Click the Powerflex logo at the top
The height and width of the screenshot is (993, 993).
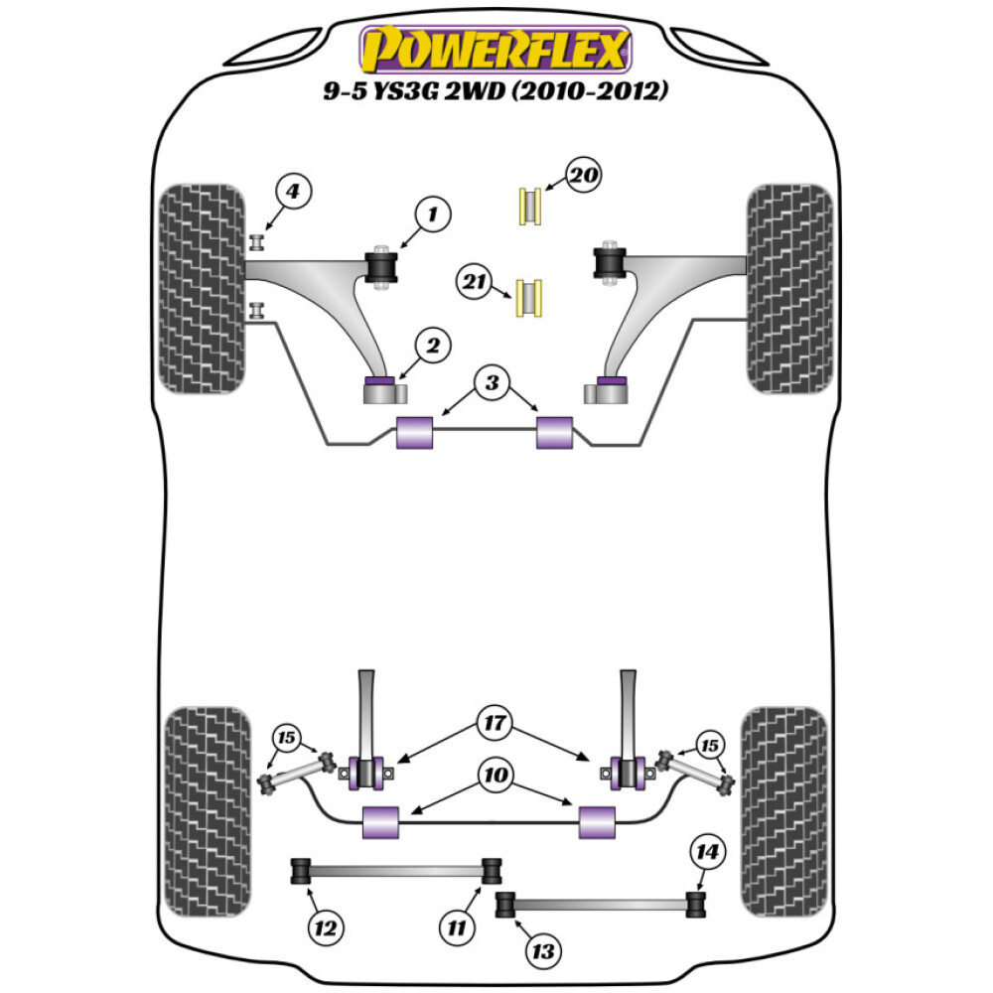[496, 50]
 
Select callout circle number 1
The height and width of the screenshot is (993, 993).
[433, 213]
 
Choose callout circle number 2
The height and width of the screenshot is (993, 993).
[433, 347]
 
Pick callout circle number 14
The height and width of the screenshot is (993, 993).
[710, 852]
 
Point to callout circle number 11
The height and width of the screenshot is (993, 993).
[456, 928]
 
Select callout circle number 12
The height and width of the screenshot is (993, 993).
[324, 928]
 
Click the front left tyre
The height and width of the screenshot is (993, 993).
[203, 287]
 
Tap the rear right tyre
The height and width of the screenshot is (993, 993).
[785, 811]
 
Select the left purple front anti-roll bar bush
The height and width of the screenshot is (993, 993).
[415, 433]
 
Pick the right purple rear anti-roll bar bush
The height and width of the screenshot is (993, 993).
[597, 821]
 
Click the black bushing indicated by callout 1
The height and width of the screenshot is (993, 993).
[381, 266]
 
